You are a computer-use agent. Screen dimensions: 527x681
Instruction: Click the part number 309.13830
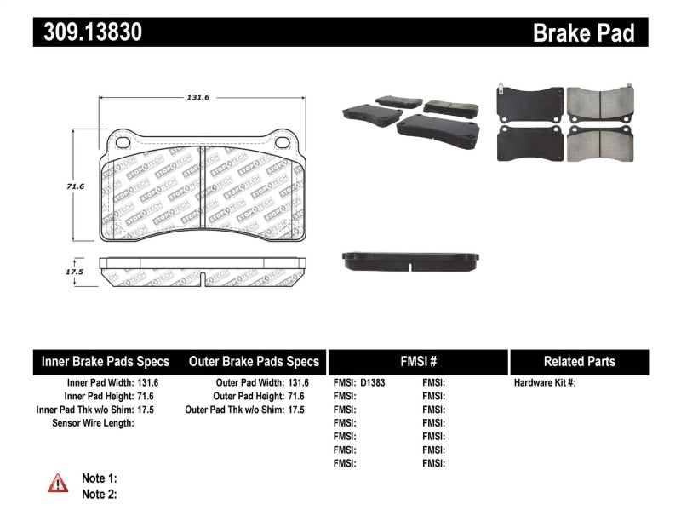88,33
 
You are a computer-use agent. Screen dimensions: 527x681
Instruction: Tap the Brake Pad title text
583,33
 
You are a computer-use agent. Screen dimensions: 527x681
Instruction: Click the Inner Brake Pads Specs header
106,361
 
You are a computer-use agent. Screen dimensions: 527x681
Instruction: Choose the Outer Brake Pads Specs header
254,361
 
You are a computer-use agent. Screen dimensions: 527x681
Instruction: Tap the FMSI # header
417,361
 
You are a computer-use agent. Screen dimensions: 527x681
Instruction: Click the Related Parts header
579,361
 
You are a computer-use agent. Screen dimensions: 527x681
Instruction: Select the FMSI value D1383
373,383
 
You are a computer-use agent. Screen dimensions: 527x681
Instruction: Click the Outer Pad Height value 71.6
296,396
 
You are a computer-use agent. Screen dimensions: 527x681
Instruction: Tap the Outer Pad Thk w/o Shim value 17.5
296,410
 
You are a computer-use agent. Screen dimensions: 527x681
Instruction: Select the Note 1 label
99,478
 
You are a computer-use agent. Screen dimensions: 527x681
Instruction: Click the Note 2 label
99,494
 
